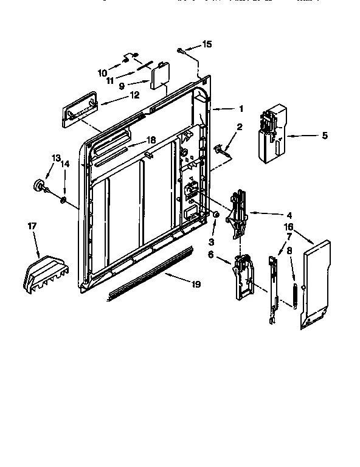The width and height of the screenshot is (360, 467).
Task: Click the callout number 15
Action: pos(207,45)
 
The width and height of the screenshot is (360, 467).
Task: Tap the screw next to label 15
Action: pos(182,50)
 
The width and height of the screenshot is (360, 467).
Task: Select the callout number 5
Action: pos(324,135)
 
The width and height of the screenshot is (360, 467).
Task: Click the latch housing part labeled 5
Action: pos(270,134)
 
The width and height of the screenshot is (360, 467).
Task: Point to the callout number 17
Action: pos(32,226)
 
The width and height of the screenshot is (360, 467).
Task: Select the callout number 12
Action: pos(134,95)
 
